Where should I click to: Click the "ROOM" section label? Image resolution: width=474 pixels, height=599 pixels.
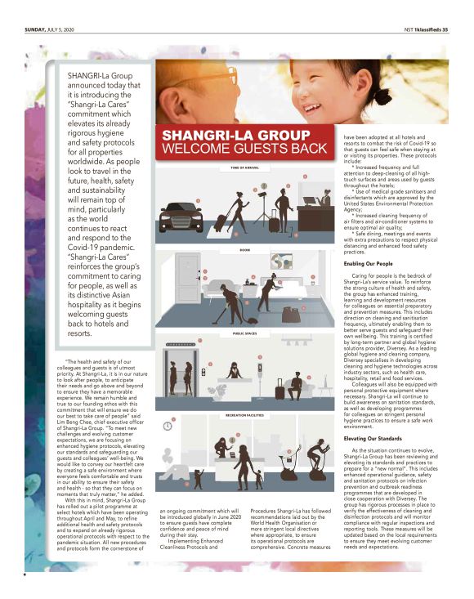point(244,248)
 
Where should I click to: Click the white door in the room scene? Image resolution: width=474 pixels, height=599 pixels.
point(189,280)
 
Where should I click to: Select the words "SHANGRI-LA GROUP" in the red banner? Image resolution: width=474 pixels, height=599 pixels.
point(225,135)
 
